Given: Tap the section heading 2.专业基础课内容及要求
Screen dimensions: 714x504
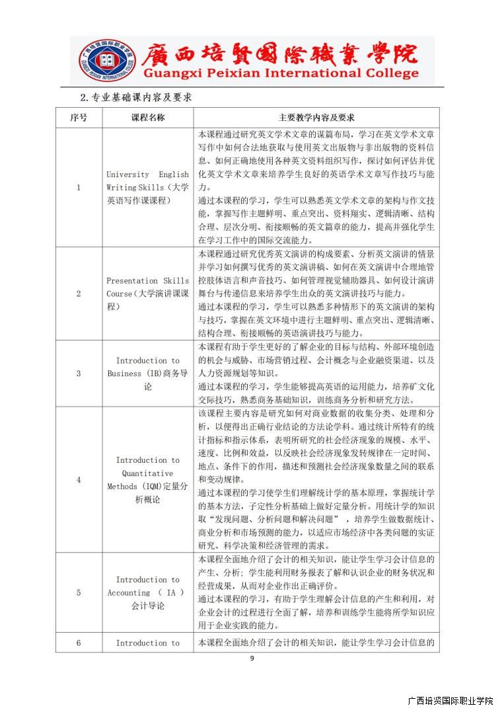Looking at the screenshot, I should (135, 97).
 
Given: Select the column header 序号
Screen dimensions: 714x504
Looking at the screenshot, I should (78, 118).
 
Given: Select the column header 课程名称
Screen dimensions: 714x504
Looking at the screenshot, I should (147, 118).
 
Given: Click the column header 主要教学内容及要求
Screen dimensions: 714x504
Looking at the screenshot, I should (316, 118).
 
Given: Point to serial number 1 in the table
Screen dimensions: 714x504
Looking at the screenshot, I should (78, 187).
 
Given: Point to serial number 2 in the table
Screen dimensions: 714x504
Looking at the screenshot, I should (78, 294).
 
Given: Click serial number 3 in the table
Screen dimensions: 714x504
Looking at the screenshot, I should (78, 374).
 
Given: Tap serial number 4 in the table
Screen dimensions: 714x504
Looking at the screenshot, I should (78, 479).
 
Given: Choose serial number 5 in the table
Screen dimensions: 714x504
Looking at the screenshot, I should (78, 592).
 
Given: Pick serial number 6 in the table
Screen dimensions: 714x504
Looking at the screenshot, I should (78, 643).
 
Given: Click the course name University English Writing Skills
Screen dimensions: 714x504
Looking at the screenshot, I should (147, 187).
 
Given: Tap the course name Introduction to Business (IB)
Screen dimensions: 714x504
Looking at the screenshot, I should (147, 374).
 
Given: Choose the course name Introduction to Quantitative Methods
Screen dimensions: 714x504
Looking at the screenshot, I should (147, 479).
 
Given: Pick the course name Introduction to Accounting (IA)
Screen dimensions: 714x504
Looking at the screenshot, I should (147, 592).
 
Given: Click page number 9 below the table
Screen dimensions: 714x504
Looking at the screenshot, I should (252, 658).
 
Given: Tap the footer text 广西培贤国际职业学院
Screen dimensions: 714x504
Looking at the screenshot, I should (450, 701).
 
